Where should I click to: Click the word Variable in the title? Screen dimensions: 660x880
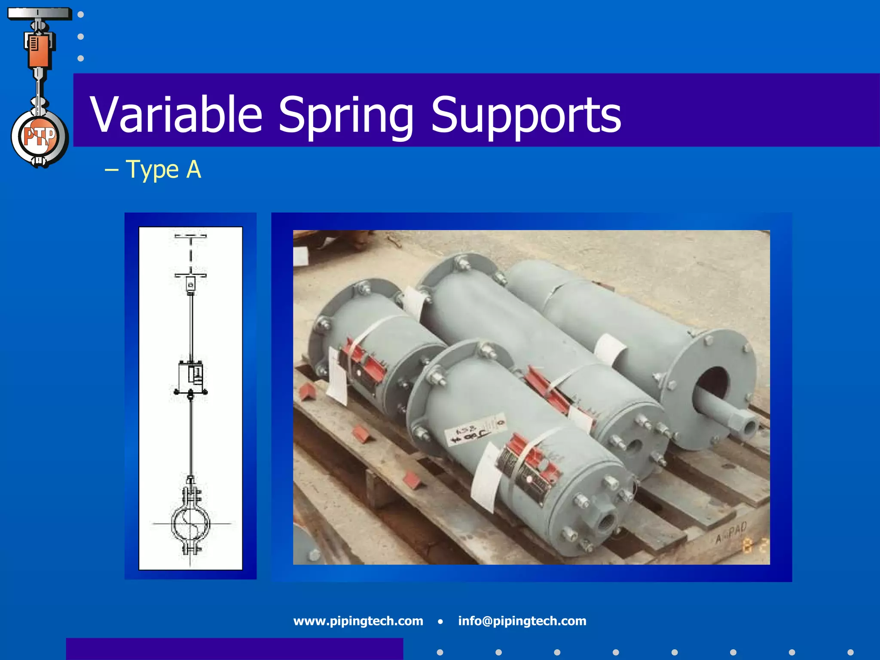[176, 114]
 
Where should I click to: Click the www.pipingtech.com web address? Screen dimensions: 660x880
[358, 621]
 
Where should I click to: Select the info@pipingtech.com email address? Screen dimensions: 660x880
[522, 621]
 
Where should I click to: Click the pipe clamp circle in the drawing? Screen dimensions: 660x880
[190, 523]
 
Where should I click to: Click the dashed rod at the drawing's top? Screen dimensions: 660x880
[190, 256]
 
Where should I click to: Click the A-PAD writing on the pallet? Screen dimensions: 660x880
[731, 533]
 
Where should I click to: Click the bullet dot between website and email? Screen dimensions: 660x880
[440, 621]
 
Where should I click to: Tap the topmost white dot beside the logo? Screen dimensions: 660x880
[80, 15]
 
